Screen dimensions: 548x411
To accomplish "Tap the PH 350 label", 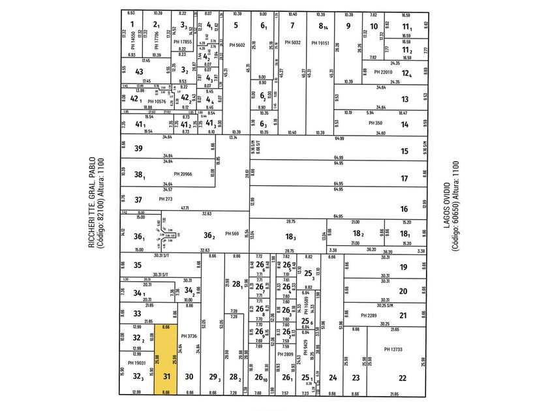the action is coord(374,123).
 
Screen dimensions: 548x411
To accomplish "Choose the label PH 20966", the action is coord(185,174).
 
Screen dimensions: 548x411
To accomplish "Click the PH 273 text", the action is coord(166,198).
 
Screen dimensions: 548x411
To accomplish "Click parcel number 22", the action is coord(403,378).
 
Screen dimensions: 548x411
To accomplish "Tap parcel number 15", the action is coord(404,151).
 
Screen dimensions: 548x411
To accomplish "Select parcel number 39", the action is coord(138,149).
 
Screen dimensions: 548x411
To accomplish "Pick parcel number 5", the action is coord(235,25).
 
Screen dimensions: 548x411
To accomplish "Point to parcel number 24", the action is coord(333,378).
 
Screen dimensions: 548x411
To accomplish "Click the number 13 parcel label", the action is coord(404,99).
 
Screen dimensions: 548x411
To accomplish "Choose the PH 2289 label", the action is coord(369,316).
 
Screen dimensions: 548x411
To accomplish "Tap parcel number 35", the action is coord(137,266).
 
